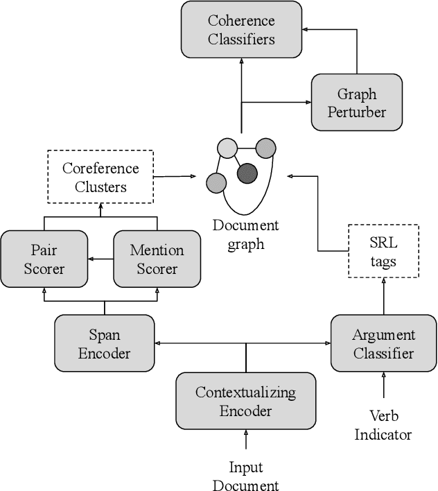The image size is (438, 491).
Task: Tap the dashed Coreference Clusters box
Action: (x=100, y=178)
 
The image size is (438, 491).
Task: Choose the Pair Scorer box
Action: (x=44, y=259)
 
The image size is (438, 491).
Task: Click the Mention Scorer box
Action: (x=157, y=259)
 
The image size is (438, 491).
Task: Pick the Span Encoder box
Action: (x=104, y=344)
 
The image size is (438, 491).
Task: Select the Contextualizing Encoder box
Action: (x=245, y=402)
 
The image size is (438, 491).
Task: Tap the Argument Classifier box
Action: (x=383, y=344)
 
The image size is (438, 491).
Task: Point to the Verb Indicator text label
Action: (x=383, y=426)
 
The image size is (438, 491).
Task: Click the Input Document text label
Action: (x=245, y=476)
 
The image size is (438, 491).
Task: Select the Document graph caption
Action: (x=245, y=234)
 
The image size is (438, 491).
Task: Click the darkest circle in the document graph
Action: (x=247, y=173)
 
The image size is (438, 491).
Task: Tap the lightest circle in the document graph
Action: (x=227, y=148)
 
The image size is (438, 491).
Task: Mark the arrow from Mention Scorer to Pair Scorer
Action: (x=100, y=259)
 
